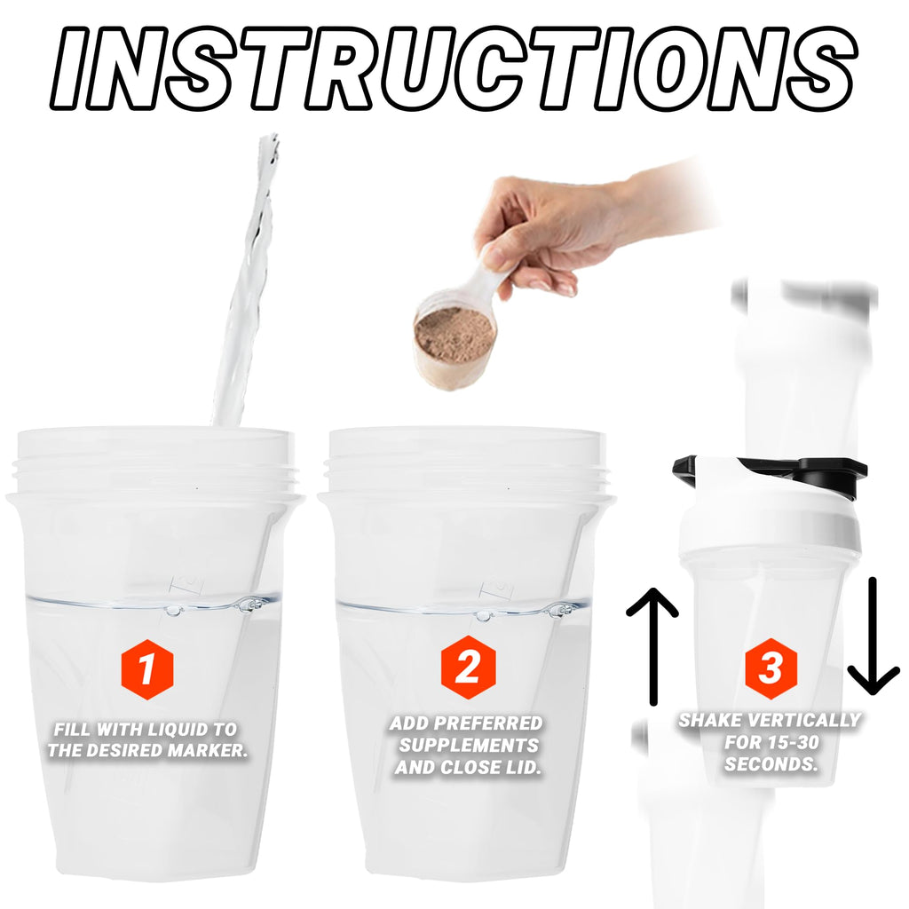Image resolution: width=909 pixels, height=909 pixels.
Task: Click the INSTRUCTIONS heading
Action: [x=454, y=68]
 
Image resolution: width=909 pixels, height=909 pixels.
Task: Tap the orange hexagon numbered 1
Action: [x=147, y=669]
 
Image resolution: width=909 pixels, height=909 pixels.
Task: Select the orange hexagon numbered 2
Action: [x=468, y=667]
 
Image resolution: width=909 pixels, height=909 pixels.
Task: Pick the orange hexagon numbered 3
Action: [x=771, y=668]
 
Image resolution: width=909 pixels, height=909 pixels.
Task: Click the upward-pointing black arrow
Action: [x=652, y=646]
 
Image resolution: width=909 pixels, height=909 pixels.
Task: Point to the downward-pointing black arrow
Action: [x=873, y=636]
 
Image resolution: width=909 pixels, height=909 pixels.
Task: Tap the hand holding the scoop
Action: [x=557, y=232]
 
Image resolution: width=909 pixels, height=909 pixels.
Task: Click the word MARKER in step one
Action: [x=207, y=751]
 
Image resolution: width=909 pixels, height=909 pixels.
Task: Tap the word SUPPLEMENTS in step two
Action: [x=469, y=746]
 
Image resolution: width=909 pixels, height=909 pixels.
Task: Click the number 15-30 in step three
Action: [x=791, y=743]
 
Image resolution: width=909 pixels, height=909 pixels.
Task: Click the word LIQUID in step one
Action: [x=172, y=730]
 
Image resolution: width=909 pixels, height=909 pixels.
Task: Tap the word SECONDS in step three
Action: [x=771, y=764]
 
